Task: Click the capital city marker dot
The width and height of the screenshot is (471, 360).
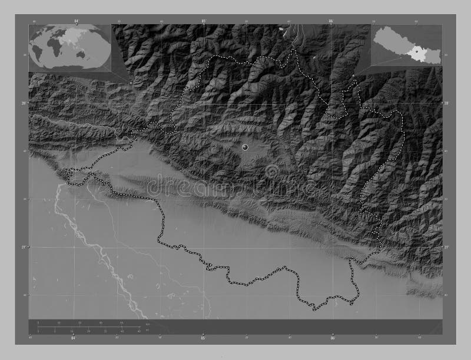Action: click(244, 146)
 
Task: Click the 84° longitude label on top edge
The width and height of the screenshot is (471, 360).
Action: click(77, 21)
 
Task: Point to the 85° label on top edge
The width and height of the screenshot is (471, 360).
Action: click(204, 21)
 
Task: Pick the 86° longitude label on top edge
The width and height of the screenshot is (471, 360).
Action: click(331, 21)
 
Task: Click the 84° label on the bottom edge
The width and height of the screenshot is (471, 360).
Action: click(74, 339)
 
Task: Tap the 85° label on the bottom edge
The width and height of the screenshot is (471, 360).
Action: click(203, 339)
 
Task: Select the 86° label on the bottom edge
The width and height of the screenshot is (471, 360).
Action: click(332, 339)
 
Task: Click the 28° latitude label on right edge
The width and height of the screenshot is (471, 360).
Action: click(446, 104)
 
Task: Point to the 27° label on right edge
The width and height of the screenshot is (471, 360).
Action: click(446, 247)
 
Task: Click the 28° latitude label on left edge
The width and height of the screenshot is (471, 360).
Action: click(25, 104)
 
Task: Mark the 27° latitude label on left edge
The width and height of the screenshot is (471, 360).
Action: click(25, 247)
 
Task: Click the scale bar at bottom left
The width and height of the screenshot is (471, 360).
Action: click(88, 326)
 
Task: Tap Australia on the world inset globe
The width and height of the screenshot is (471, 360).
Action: click(86, 56)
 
